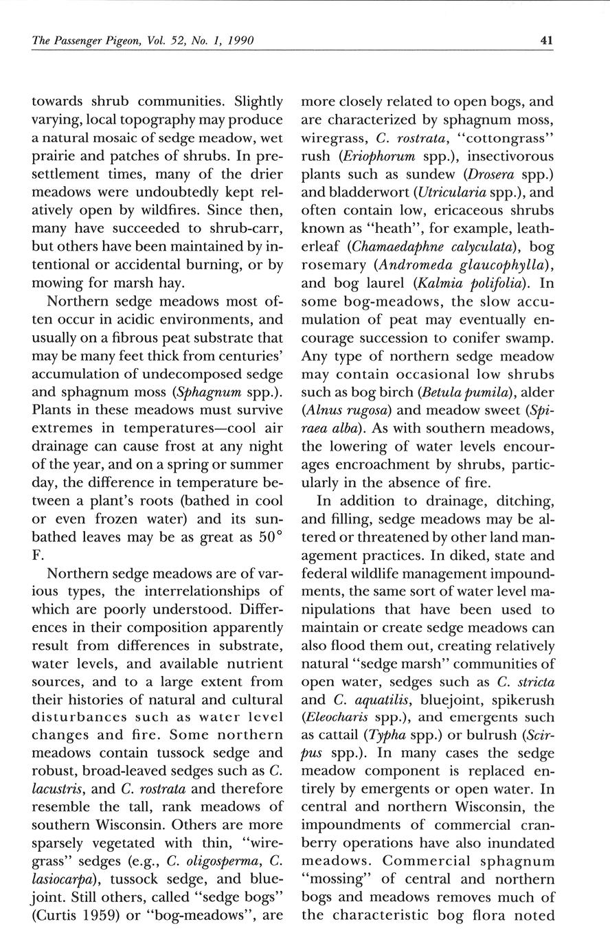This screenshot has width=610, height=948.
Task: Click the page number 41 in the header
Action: click(x=547, y=41)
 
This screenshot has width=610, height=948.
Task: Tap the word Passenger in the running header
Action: click(x=80, y=41)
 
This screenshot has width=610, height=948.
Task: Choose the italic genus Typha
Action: click(x=385, y=735)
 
